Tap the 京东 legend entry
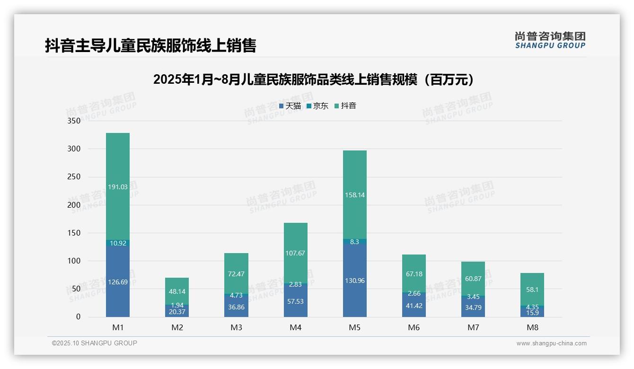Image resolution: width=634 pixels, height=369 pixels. (x=317, y=106)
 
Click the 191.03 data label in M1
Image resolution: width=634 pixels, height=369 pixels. (x=118, y=187)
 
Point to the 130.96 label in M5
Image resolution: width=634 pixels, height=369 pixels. (x=354, y=281)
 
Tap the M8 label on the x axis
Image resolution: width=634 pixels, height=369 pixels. (x=532, y=327)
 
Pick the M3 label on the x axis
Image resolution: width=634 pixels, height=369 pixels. (x=236, y=327)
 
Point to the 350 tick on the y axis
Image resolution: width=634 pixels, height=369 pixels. (x=74, y=121)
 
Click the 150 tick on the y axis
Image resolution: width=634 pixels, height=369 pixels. (x=74, y=233)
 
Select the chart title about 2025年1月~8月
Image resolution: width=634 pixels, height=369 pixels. (x=313, y=80)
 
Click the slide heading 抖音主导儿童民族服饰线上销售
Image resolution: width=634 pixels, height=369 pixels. (x=150, y=46)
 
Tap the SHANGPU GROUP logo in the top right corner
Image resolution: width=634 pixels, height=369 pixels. (x=550, y=40)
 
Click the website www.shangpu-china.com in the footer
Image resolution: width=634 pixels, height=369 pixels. (x=551, y=343)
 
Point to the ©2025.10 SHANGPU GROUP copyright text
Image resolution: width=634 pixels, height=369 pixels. (x=95, y=343)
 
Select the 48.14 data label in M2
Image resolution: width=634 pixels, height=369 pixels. (x=177, y=292)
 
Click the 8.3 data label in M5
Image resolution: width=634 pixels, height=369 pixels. (x=354, y=242)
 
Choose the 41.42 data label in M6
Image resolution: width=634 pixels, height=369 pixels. (x=414, y=306)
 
